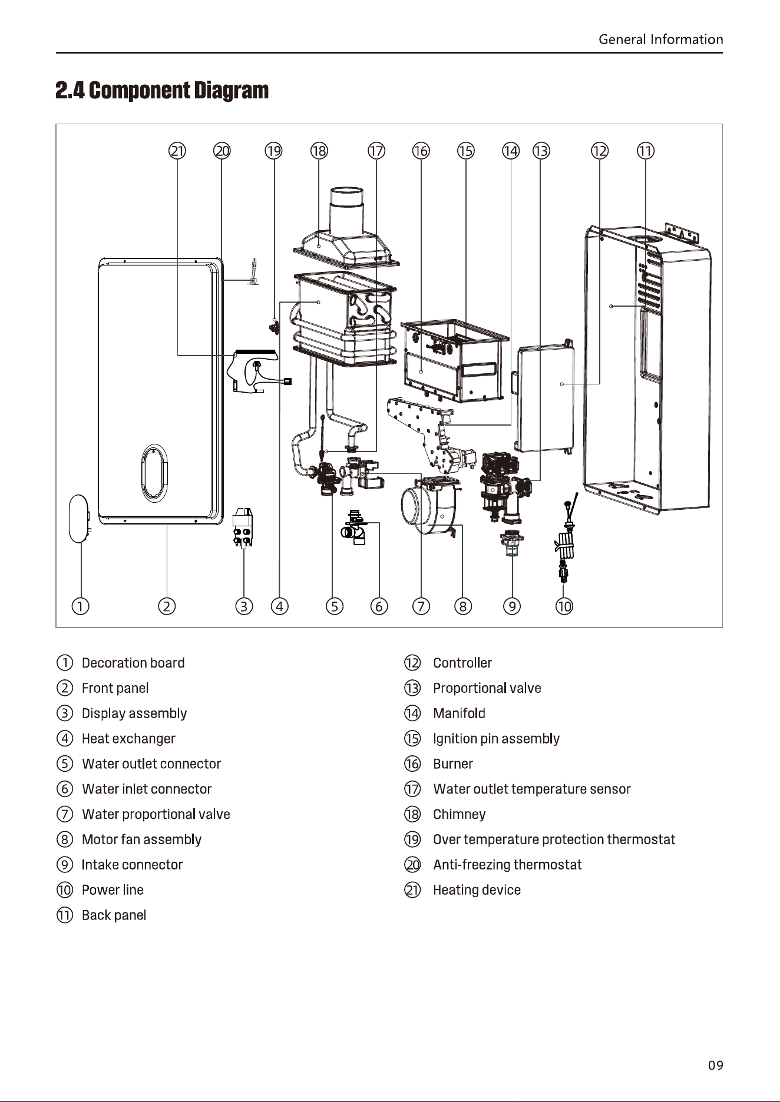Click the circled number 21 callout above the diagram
(177, 151)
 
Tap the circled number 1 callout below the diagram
(81, 606)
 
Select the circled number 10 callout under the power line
(564, 606)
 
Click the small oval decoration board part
(79, 518)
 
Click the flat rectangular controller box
(545, 398)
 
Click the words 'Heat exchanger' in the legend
(128, 738)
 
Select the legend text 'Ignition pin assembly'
(496, 738)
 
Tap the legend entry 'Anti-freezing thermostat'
(507, 864)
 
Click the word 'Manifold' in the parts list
(459, 713)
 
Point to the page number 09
(715, 1065)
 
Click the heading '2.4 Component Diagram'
(162, 91)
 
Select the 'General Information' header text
(660, 39)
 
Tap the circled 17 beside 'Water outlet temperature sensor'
(412, 789)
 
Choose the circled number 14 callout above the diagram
(510, 151)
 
